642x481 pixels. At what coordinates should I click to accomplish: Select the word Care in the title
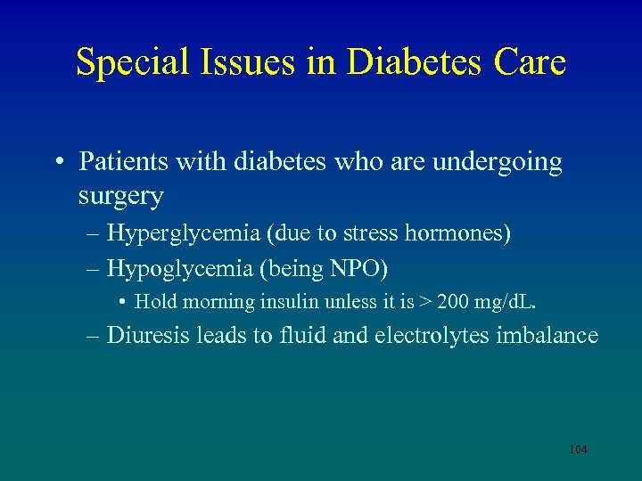[x=531, y=62]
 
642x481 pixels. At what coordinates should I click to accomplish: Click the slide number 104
[x=578, y=450]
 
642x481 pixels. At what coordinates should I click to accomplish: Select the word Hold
[x=157, y=302]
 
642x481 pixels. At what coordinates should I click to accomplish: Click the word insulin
[x=285, y=302]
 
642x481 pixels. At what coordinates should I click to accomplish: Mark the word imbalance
[x=553, y=335]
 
